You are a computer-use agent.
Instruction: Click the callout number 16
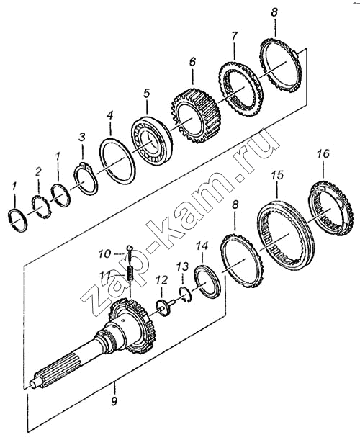point(323,154)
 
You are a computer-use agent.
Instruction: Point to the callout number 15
point(277,175)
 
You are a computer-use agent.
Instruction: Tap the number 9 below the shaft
point(114,402)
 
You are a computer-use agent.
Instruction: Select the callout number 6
point(192,62)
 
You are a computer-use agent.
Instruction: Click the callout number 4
point(110,115)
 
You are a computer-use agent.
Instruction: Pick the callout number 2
point(38,171)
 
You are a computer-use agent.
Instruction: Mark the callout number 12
point(161,279)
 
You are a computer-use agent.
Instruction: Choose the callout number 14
point(202,246)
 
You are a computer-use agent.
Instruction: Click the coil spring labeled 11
point(130,274)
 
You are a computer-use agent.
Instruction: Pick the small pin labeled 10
point(130,253)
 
